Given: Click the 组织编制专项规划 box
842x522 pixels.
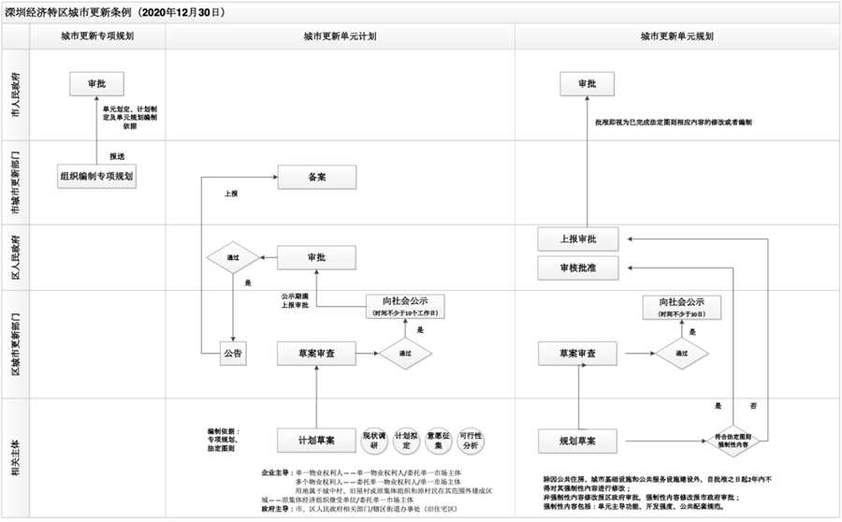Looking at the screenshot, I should pos(97,175).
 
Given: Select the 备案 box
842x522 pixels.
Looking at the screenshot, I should pos(316,177).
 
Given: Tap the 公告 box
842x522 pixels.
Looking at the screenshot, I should pos(232,354).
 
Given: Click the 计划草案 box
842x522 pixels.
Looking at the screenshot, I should pos(316,438).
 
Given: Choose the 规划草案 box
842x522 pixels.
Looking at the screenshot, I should pos(579,438).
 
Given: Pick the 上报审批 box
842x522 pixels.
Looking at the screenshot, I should pos(579,239).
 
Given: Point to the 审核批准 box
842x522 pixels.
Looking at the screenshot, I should pos(579,268).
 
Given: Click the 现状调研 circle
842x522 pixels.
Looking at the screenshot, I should pos(374,438).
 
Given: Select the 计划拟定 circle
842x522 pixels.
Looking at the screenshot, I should pos(405,438).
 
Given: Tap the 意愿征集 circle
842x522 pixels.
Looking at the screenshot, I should pos(437,438).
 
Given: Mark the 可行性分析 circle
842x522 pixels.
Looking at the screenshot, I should pos(469,438).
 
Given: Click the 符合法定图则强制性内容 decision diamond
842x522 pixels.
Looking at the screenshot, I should pos(735,438).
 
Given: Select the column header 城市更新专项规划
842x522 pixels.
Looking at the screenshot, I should pos(96,36).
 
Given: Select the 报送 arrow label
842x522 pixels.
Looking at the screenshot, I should pos(117,155).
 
